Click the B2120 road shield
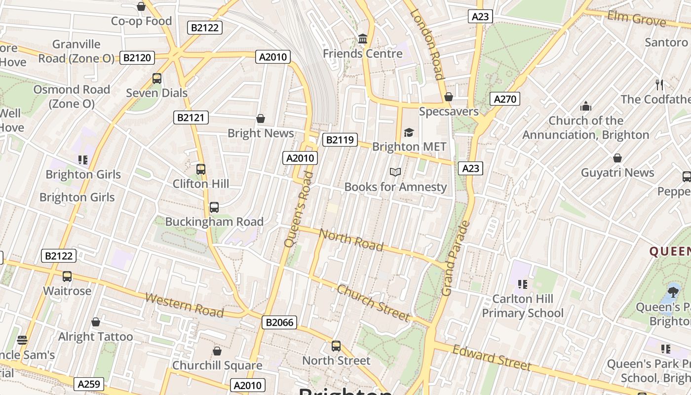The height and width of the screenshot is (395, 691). [x=137, y=58]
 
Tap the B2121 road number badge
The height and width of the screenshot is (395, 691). [x=191, y=118]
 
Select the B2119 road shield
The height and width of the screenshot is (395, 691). [x=340, y=140]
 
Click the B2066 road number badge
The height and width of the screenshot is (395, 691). [x=279, y=322]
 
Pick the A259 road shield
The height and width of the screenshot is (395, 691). [x=89, y=384]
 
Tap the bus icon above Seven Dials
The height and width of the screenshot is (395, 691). [x=157, y=79]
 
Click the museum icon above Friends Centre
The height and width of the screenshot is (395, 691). [x=363, y=39]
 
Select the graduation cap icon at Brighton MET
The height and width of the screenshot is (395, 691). [x=409, y=132]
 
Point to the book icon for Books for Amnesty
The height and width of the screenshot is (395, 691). [x=395, y=172]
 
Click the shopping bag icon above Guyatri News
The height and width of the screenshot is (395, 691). [x=617, y=158]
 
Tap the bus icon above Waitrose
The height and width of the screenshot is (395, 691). [x=67, y=276]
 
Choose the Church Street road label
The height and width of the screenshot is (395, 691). [x=373, y=302]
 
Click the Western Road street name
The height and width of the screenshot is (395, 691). [x=185, y=305]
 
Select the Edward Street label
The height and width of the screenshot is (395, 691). [x=492, y=357]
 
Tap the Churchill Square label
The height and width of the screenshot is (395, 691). [x=217, y=365]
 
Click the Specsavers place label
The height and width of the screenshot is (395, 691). [x=449, y=111]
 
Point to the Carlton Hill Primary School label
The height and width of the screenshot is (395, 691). [x=523, y=306]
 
